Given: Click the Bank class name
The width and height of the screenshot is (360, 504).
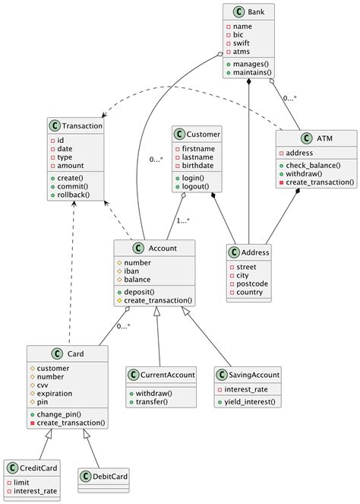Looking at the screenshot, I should [255, 13].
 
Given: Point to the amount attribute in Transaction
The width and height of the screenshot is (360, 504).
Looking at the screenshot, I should [71, 165].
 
